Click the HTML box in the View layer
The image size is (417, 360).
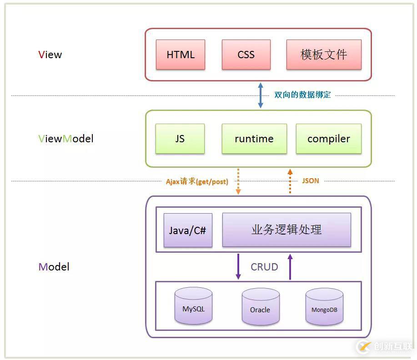[181, 55]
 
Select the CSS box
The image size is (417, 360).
[246, 55]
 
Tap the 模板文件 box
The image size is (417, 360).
[324, 55]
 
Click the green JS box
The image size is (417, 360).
[180, 139]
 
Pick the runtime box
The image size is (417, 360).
[254, 139]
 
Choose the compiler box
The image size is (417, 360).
[328, 139]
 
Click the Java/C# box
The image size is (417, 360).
[188, 230]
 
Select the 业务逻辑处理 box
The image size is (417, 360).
[286, 230]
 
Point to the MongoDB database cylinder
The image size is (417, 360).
[324, 307]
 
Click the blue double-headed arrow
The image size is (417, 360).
[261, 95]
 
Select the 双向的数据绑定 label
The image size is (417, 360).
[302, 95]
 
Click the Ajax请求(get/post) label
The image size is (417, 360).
[197, 181]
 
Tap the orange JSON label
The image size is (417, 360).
[311, 181]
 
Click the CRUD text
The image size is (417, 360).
[264, 267]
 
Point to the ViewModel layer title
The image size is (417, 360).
[66, 139]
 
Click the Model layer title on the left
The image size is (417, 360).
[54, 267]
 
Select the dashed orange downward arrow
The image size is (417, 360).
[238, 181]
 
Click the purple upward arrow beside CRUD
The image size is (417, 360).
[290, 267]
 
